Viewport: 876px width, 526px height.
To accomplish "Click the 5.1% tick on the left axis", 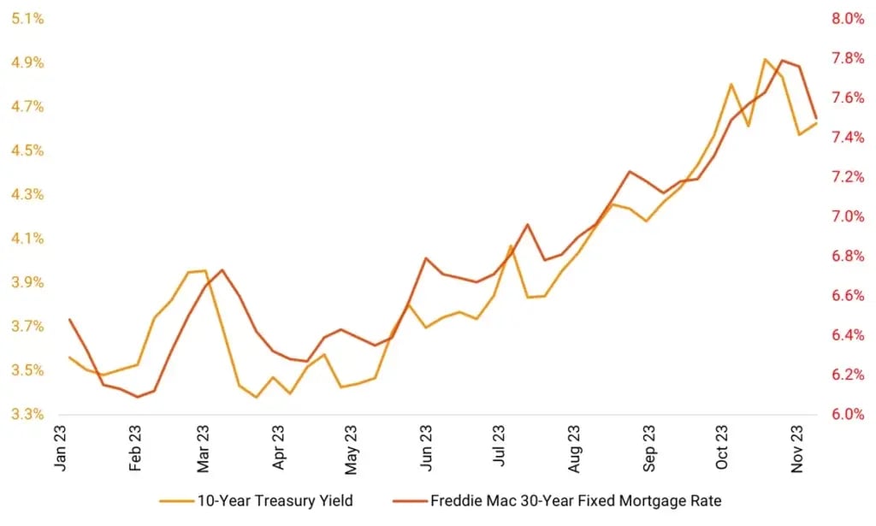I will pos(27,19).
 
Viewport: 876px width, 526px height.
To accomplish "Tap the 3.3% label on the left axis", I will pos(27,415).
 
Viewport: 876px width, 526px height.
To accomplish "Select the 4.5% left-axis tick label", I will pos(27,151).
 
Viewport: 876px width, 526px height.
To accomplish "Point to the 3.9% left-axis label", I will pos(27,283).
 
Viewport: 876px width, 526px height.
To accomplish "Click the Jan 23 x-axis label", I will pos(62,449).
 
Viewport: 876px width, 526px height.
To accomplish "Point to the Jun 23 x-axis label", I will pos(425,449).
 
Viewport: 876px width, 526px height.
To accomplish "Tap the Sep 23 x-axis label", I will pos(650,449).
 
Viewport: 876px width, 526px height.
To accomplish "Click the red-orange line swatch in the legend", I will pos(411,500).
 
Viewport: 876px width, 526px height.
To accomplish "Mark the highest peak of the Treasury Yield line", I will pos(765,59).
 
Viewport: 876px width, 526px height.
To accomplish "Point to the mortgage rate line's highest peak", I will pos(783,60).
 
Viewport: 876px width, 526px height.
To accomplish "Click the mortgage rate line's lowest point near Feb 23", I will pos(137,397).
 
